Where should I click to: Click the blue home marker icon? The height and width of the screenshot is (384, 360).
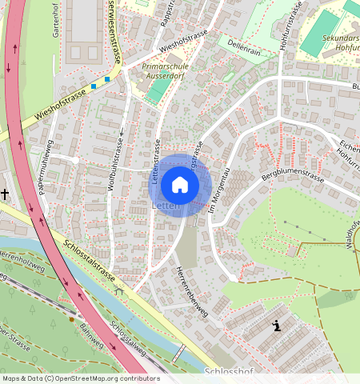(x=180, y=185)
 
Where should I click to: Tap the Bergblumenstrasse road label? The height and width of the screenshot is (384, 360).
(x=293, y=174)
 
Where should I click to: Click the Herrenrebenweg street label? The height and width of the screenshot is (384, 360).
(x=191, y=291)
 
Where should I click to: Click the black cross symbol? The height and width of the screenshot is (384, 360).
(x=5, y=194)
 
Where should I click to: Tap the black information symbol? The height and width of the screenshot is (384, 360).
(x=277, y=326)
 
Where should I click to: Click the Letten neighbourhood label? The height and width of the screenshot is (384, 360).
(x=164, y=206)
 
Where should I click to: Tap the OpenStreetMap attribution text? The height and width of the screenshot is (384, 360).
(x=80, y=378)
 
